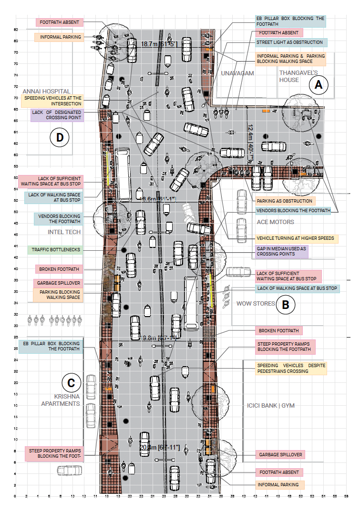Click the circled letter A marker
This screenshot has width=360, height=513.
(x=319, y=85)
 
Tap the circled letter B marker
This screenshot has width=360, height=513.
(x=286, y=304)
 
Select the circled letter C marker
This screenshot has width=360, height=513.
(x=71, y=382)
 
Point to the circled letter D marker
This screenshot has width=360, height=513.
(x=60, y=138)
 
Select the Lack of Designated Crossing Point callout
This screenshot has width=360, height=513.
(x=57, y=115)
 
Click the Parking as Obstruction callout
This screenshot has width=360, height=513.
(x=285, y=201)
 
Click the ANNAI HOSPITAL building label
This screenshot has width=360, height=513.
(x=47, y=91)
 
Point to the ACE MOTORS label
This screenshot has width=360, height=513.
(x=275, y=222)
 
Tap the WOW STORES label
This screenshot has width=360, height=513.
(x=256, y=304)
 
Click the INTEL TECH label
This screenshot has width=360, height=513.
(x=64, y=232)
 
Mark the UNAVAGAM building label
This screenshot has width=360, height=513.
(x=237, y=73)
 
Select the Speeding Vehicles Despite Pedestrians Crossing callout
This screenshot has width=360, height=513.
(x=290, y=368)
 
